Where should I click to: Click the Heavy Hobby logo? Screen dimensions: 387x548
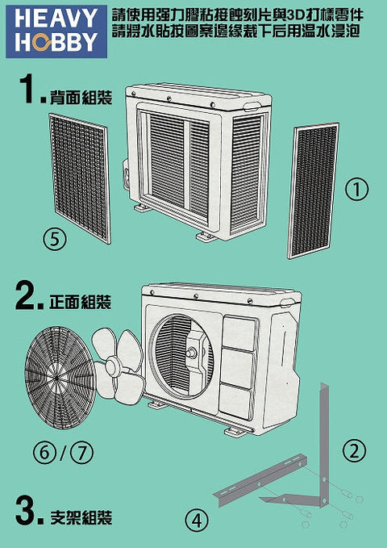coord(56,31)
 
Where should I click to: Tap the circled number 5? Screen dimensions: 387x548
coord(55,240)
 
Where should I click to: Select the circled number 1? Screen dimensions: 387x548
coord(356,189)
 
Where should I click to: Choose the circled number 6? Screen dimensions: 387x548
coord(45,454)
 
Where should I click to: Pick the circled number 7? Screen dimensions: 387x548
coord(82,454)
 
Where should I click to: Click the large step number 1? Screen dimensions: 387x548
coord(29,89)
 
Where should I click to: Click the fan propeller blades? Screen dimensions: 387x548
coord(118,368)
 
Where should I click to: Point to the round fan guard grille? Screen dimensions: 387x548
coord(60,378)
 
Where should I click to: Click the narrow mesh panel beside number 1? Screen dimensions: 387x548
coord(313,190)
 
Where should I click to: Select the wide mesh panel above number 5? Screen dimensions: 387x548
coord(80,178)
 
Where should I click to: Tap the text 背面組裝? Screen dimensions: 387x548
coord(81,97)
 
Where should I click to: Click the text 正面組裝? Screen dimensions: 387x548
coord(81,302)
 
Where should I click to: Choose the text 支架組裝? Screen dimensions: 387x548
coord(81,517)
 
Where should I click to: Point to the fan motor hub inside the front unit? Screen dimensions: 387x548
coord(193,352)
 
